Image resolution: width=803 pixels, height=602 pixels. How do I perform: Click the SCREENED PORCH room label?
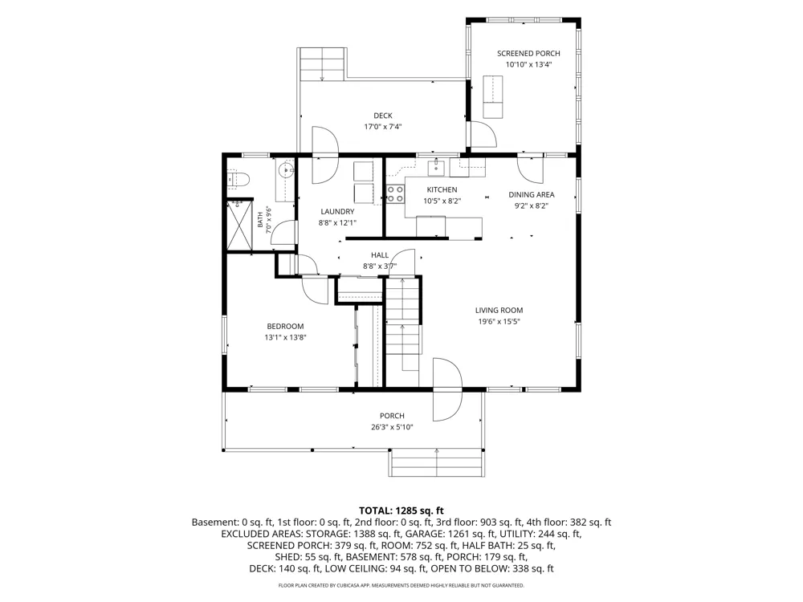(x=528, y=53)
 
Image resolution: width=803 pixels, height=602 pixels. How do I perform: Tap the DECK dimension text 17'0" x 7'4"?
(x=382, y=127)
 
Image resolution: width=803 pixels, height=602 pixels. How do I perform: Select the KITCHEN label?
(x=442, y=190)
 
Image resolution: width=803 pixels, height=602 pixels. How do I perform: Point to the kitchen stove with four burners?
(x=395, y=194)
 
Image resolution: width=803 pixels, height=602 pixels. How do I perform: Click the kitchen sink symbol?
(x=436, y=168)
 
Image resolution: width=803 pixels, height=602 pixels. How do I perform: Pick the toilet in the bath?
(x=238, y=179)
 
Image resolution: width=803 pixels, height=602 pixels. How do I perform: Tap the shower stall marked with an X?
(x=239, y=226)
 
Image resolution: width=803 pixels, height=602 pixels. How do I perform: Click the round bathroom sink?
(x=285, y=169)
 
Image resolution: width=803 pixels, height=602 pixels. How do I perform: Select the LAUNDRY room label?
(x=337, y=211)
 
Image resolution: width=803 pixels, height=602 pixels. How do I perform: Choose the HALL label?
(x=380, y=255)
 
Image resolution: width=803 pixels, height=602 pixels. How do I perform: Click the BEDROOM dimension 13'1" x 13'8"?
(x=285, y=337)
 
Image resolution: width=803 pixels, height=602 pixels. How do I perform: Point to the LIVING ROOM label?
(x=499, y=310)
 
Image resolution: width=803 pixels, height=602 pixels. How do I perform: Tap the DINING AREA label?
(x=531, y=194)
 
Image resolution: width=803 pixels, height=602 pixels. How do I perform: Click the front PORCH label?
(x=392, y=416)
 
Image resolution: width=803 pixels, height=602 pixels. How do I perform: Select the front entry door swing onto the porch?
(x=447, y=390)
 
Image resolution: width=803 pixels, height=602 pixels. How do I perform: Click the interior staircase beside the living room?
(x=402, y=323)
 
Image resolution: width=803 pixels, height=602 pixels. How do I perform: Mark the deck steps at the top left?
(x=323, y=64)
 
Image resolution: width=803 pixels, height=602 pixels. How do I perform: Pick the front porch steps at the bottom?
(x=436, y=463)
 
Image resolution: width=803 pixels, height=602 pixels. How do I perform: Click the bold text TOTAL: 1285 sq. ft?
(x=401, y=510)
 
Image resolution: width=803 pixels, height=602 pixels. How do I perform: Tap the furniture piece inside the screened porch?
(x=493, y=97)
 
